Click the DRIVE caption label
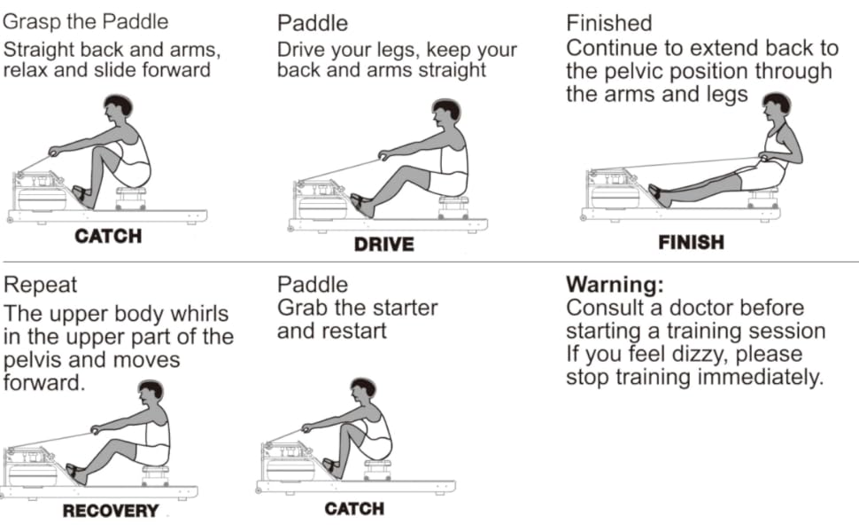383,244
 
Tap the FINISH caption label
691,242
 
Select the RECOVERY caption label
110,511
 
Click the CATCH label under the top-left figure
108,237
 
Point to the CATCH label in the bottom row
354,509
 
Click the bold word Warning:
615,286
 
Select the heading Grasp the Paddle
86,21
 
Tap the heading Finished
608,23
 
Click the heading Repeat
41,286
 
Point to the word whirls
194,314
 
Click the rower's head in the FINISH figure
776,107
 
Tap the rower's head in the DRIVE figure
447,113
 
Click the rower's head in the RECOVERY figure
151,393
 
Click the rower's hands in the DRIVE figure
385,157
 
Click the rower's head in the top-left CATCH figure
118,108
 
